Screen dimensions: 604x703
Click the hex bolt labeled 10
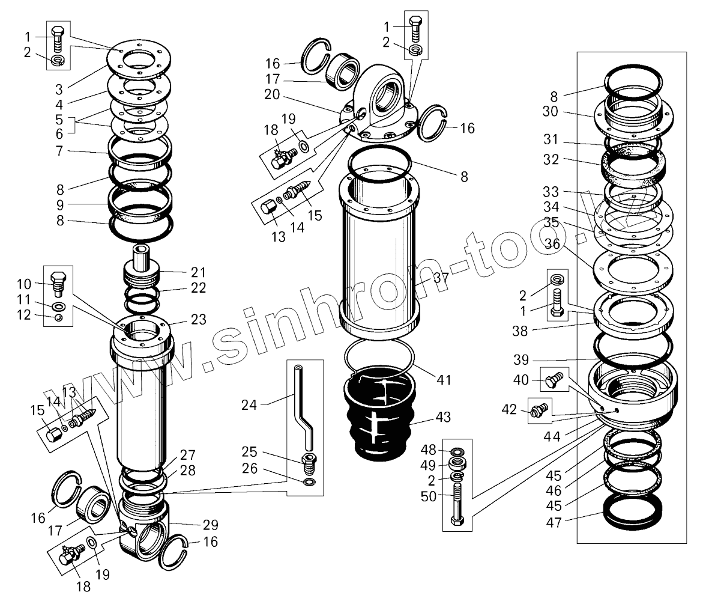coord(58,282)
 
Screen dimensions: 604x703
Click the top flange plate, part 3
coord(139,59)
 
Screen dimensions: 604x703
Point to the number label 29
coord(210,524)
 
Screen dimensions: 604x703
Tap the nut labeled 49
coord(459,463)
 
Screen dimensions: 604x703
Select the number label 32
coord(551,160)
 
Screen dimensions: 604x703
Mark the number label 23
coord(198,320)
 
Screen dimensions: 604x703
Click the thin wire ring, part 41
coord(379,361)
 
